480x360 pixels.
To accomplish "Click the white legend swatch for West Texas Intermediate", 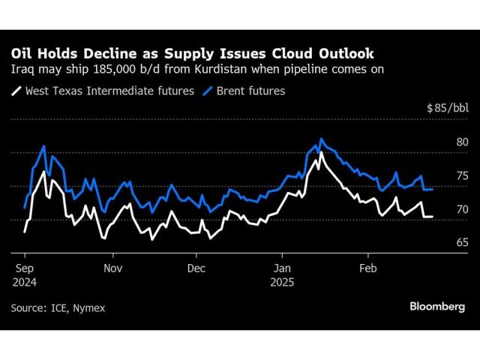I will (16, 91).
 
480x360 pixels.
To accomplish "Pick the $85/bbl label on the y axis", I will (447, 109).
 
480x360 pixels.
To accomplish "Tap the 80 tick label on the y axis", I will (461, 142).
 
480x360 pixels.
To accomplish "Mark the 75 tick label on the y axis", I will (461, 175).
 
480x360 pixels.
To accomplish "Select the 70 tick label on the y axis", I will (461, 209).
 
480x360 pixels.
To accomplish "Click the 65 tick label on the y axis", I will (461, 242).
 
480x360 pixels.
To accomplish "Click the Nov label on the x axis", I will (112, 267).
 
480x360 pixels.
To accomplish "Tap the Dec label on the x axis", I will (196, 267).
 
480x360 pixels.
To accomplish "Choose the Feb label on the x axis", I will (367, 267).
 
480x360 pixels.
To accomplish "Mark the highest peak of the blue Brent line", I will (321, 139).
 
